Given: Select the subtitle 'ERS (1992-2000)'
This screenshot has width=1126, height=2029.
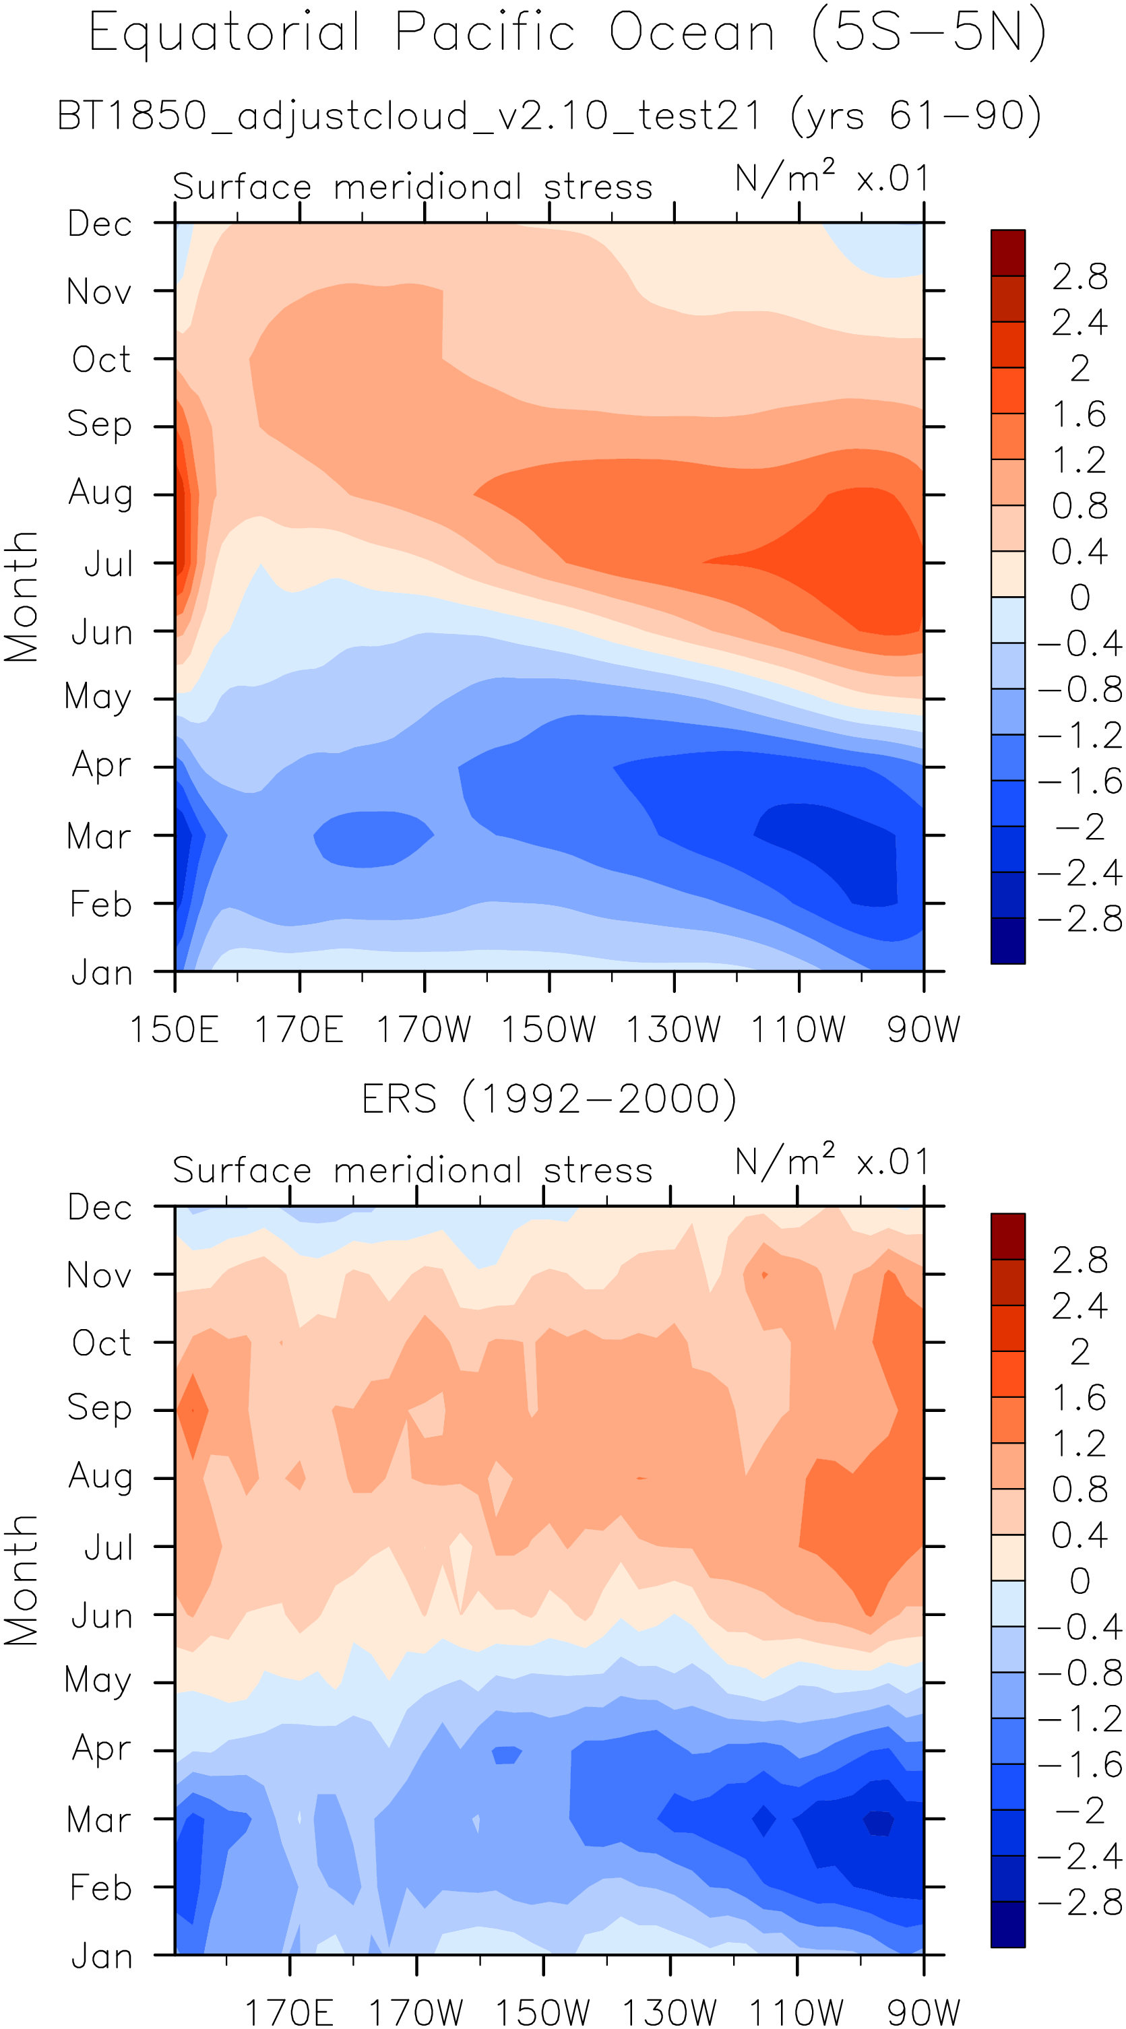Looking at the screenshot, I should pos(549,1099).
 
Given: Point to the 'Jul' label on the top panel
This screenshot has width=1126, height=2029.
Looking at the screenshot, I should pos(108,565).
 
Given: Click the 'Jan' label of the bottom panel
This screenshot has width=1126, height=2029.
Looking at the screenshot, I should pos(102,1956).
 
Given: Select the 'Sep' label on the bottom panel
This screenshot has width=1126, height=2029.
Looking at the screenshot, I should pos(99,1407).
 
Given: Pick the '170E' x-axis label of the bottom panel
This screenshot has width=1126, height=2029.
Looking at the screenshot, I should pos(289,2011).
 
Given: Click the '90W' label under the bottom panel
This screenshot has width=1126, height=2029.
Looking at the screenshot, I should pos(923,2011).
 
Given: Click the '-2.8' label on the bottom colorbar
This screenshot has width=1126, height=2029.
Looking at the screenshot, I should pos(1080,1903).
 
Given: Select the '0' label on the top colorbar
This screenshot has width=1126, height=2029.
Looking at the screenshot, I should pos(1080,598).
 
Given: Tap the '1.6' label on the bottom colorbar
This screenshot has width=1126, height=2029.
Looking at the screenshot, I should pos(1080,1398).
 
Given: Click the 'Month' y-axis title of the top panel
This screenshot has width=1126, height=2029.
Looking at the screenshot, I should pos(22,596).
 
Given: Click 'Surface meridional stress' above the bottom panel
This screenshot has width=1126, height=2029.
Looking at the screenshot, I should pos(412,1171).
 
